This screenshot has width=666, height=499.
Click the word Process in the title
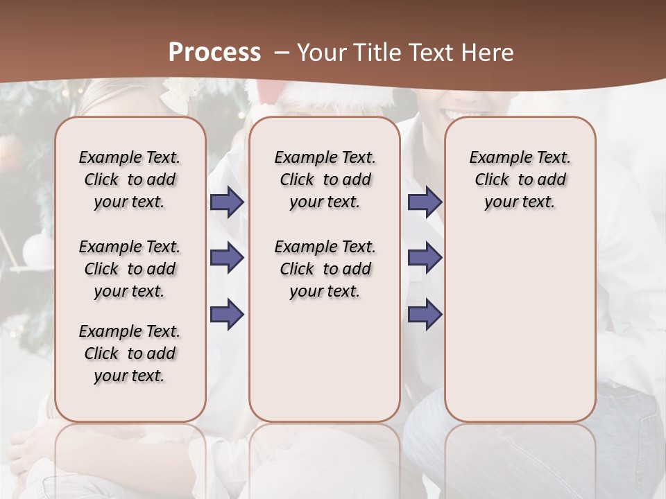coord(214,53)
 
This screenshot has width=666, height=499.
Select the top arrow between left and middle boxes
coord(227,202)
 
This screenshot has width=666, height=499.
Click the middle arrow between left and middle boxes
coord(227,258)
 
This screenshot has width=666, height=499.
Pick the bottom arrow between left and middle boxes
coord(227,315)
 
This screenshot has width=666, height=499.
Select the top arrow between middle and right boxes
coord(425,202)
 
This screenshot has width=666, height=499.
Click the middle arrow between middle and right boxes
coord(425,258)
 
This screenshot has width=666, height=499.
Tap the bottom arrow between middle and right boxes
coord(425,315)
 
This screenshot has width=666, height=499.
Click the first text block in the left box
coord(130,180)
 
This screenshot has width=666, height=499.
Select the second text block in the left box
coord(130,269)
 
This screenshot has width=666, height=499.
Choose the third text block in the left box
coord(130,353)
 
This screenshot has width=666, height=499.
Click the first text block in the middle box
coord(325,180)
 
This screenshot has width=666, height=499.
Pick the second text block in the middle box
coord(325,269)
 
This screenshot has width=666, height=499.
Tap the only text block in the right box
coord(520,180)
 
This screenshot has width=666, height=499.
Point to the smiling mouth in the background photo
coord(463,111)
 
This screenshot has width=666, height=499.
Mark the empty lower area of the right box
coord(520,333)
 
